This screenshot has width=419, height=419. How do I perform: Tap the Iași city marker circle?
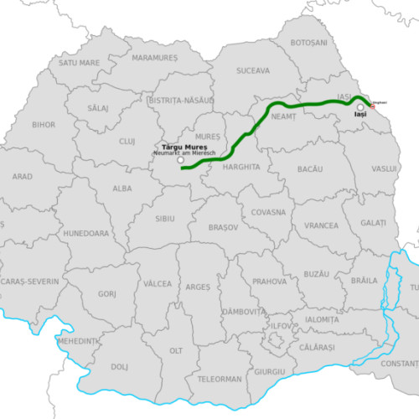click(x=360, y=107)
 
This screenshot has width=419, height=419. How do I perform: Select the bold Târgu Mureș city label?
click(x=184, y=148)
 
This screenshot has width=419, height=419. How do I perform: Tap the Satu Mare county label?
click(x=79, y=62)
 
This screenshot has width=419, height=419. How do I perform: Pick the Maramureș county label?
click(x=155, y=57)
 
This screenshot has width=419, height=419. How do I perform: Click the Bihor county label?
click(x=44, y=124)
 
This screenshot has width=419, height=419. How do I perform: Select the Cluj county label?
click(x=127, y=141)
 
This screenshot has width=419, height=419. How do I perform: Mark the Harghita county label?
click(x=242, y=167)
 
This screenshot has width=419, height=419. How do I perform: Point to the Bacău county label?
click(x=309, y=168)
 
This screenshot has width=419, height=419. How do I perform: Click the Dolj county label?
click(x=119, y=366)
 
